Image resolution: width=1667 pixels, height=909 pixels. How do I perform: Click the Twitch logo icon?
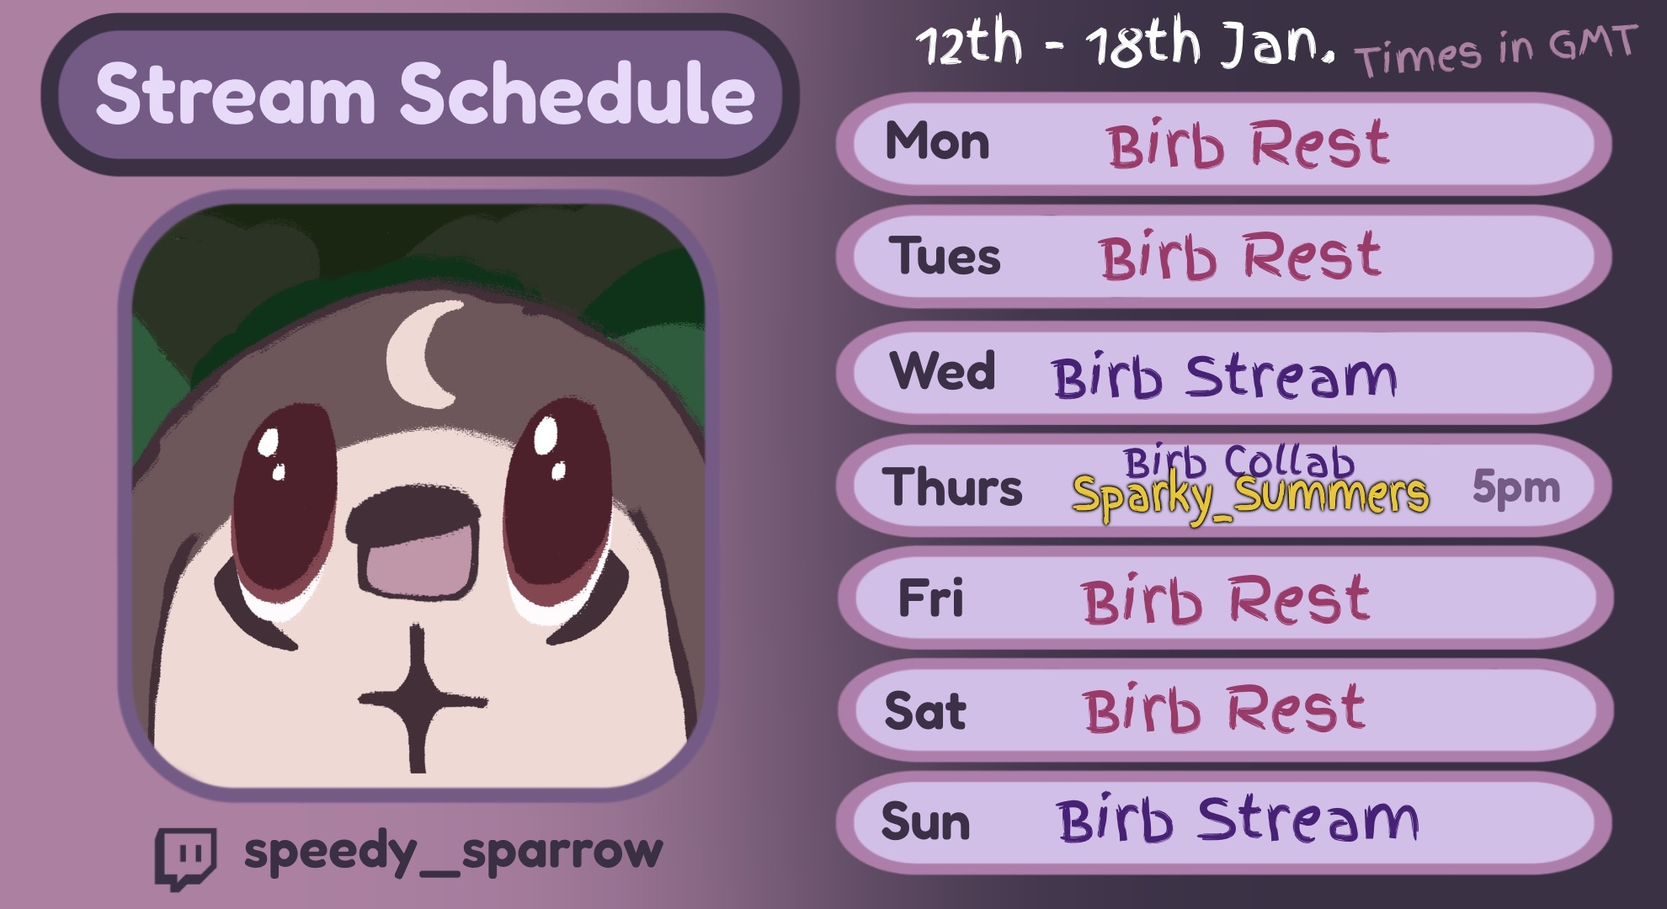tap(185, 858)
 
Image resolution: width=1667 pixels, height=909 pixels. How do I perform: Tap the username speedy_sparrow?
tap(453, 852)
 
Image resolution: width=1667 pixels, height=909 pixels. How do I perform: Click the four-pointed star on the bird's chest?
tap(419, 698)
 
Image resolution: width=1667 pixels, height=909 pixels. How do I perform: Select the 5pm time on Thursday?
tap(1516, 487)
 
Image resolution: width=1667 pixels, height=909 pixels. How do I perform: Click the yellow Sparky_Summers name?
tap(1250, 496)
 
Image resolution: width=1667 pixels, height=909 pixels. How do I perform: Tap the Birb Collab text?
tap(1238, 461)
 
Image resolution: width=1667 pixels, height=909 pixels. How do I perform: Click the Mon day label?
tap(937, 141)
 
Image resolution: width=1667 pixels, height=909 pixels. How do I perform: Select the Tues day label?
tap(945, 256)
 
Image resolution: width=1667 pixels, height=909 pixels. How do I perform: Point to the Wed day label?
tap(942, 370)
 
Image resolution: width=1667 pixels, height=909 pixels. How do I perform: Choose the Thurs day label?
tap(952, 487)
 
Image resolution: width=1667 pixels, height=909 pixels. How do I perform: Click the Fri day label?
tap(930, 598)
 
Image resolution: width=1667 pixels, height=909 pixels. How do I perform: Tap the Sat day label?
tap(925, 711)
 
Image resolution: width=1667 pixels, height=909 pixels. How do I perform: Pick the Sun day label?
tap(925, 821)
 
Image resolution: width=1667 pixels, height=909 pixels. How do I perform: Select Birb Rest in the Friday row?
tap(1226, 600)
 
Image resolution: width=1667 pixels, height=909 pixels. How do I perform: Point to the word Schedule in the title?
tap(577, 93)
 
